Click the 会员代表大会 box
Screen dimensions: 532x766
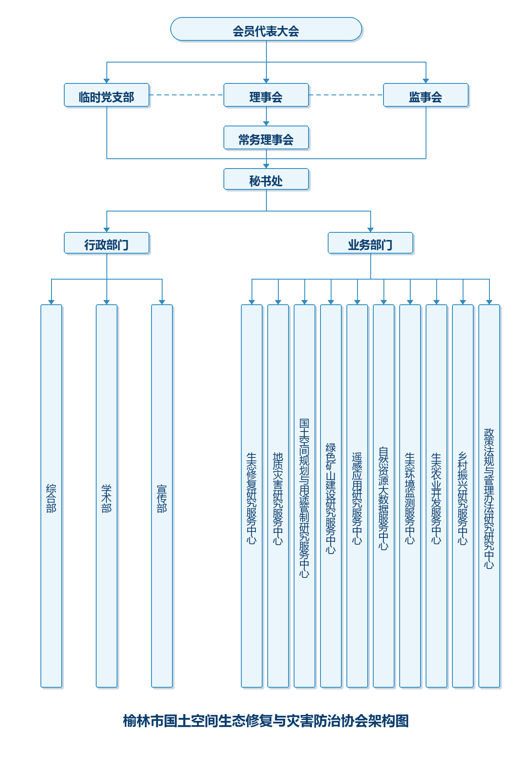pyautogui.click(x=266, y=29)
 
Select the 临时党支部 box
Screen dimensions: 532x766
pyautogui.click(x=107, y=95)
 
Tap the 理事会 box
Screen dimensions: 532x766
pyautogui.click(x=266, y=95)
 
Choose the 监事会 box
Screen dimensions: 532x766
pyautogui.click(x=426, y=95)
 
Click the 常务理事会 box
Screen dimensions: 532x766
pyautogui.click(x=266, y=138)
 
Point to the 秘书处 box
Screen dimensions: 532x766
pyautogui.click(x=266, y=180)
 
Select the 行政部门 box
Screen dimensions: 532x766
pyautogui.click(x=107, y=243)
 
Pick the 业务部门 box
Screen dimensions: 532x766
pyautogui.click(x=371, y=243)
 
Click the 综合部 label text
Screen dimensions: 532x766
pyautogui.click(x=51, y=498)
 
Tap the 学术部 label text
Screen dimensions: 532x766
pyautogui.click(x=106, y=498)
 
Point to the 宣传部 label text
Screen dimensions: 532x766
pyautogui.click(x=162, y=498)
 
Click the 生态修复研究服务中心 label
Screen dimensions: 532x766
pyautogui.click(x=252, y=498)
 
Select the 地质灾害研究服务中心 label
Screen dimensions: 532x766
pyautogui.click(x=278, y=498)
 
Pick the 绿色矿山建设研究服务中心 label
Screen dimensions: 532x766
pyautogui.click(x=331, y=498)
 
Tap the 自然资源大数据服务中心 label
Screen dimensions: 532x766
pyautogui.click(x=383, y=498)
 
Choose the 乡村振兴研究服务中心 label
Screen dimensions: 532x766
pyautogui.click(x=463, y=498)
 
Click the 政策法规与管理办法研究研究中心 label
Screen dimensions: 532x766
pyautogui.click(x=489, y=498)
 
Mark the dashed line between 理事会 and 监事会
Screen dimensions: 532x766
pyautogui.click(x=346, y=95)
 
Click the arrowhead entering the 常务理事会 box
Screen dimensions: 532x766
pyautogui.click(x=266, y=123)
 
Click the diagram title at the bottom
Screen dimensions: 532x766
pyautogui.click(x=266, y=721)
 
